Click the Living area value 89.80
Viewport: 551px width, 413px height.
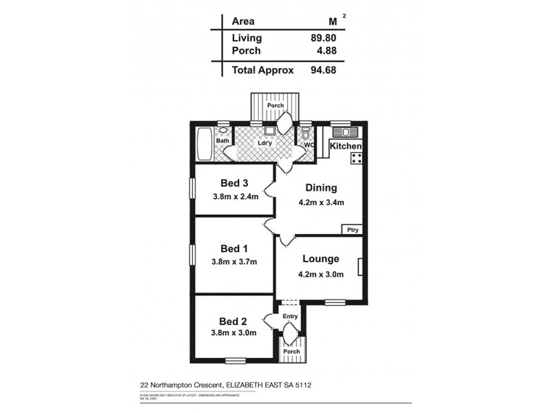[323, 39]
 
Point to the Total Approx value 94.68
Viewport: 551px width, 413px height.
[323, 70]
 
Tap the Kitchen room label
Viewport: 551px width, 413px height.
[346, 147]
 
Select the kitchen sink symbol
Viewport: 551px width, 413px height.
[342, 132]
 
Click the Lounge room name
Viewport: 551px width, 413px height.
[320, 260]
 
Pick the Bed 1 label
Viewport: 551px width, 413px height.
[234, 248]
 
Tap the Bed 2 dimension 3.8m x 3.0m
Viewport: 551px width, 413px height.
[234, 333]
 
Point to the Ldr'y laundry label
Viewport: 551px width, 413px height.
[264, 143]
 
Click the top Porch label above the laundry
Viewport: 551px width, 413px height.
[276, 105]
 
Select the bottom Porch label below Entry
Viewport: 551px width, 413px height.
[291, 352]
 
